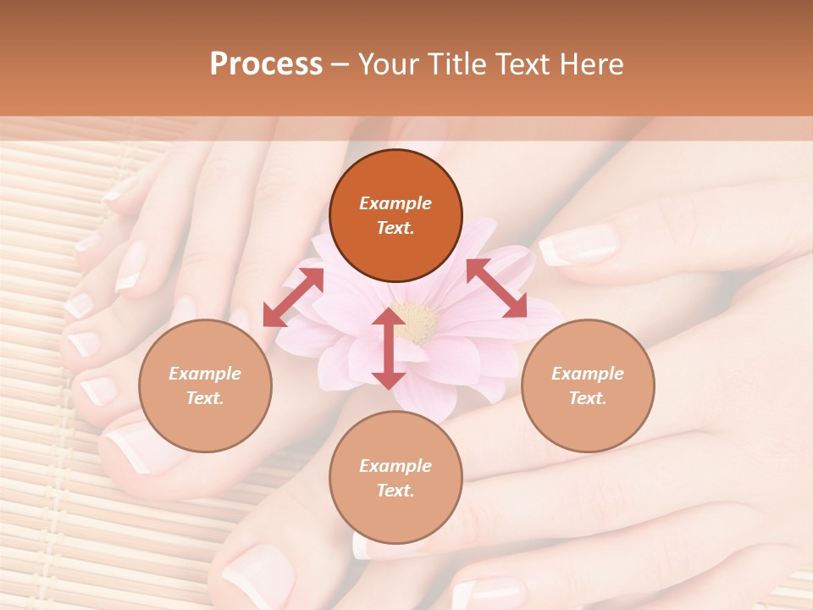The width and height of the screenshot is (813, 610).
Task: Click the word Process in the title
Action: coord(266,64)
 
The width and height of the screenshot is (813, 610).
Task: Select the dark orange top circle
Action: coord(395,215)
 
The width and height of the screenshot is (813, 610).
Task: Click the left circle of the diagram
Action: coord(205,385)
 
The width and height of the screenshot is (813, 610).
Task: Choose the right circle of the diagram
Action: coord(588,385)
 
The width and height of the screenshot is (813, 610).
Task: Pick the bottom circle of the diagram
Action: coord(395,478)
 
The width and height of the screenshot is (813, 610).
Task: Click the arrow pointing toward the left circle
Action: coord(293,297)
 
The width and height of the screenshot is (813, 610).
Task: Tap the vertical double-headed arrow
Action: coord(388,348)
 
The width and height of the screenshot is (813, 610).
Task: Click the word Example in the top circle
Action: coord(395,203)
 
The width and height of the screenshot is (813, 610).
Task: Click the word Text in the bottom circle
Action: coord(394,491)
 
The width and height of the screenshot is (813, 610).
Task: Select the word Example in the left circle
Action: coord(205,374)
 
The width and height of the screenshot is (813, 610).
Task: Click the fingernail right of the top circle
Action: coord(578,245)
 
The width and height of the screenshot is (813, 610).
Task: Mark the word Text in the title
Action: coord(517,64)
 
